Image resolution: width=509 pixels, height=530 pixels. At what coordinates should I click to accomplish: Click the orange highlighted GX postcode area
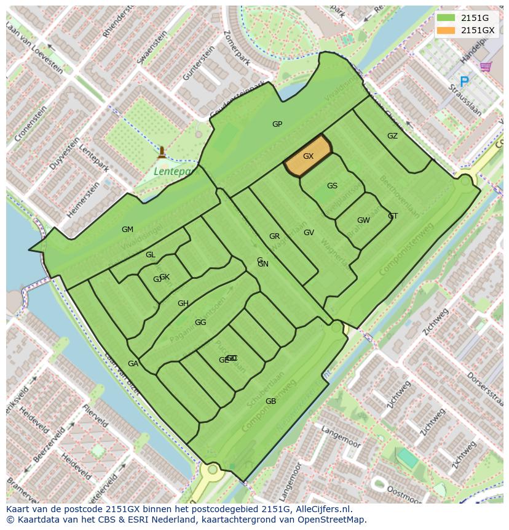308,157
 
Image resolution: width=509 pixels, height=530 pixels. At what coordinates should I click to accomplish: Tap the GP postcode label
277,124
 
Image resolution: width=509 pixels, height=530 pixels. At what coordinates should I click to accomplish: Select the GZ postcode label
392,136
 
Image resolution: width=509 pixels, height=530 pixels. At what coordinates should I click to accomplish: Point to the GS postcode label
332,186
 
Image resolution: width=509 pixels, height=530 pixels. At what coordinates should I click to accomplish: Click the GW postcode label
363,220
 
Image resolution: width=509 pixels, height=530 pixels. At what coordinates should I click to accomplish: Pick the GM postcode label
127,230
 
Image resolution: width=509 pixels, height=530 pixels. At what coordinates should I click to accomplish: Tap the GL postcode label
151,255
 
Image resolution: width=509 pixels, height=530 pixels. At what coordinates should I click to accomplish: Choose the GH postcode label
183,303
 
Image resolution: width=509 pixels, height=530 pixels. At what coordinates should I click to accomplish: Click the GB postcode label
270,401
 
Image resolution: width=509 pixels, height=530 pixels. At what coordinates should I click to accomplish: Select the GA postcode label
133,364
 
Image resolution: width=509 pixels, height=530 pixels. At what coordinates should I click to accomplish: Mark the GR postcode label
274,236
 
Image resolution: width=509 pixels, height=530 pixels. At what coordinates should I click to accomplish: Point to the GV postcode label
309,233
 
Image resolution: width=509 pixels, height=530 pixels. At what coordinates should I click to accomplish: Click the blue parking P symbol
464,81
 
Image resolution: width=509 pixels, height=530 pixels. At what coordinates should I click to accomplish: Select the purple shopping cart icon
486,66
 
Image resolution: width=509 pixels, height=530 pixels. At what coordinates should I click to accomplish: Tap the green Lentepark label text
173,171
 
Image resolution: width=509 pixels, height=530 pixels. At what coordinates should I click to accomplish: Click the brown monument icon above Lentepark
162,151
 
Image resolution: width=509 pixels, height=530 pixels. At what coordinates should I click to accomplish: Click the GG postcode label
200,323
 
